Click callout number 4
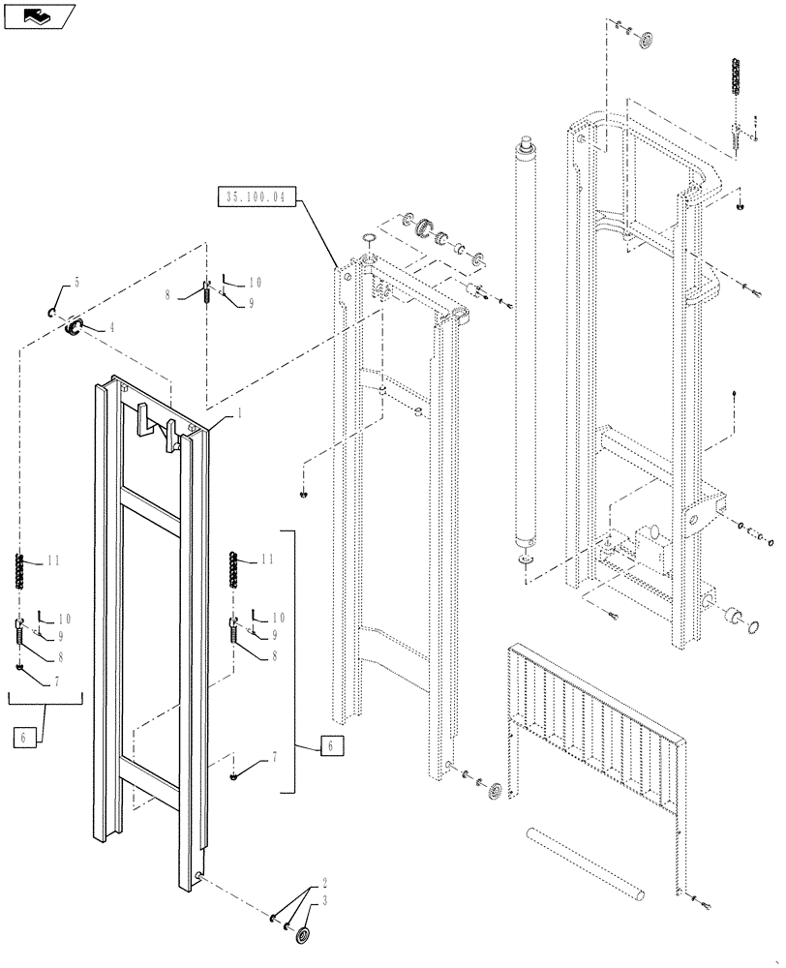[111, 327]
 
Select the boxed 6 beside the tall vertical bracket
[330, 745]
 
